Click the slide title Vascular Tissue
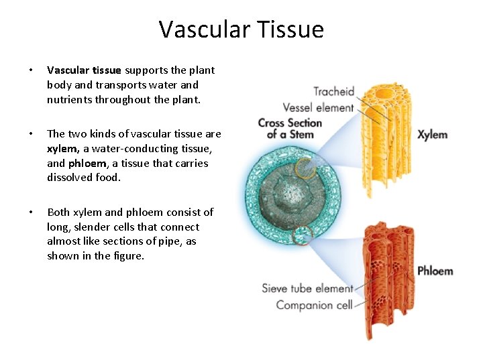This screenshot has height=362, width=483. pyautogui.click(x=241, y=29)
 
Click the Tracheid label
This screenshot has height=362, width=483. pyautogui.click(x=333, y=91)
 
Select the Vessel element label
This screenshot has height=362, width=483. pyautogui.click(x=318, y=107)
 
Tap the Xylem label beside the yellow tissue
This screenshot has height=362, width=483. pyautogui.click(x=432, y=135)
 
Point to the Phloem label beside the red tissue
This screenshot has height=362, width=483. pyautogui.click(x=435, y=271)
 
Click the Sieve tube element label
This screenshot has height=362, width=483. pyautogui.click(x=307, y=289)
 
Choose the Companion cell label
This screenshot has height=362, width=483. pyautogui.click(x=314, y=305)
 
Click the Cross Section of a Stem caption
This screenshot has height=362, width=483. pyautogui.click(x=290, y=128)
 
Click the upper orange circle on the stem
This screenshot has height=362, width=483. pyautogui.click(x=303, y=168)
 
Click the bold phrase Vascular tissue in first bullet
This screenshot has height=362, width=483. pyautogui.click(x=84, y=70)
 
